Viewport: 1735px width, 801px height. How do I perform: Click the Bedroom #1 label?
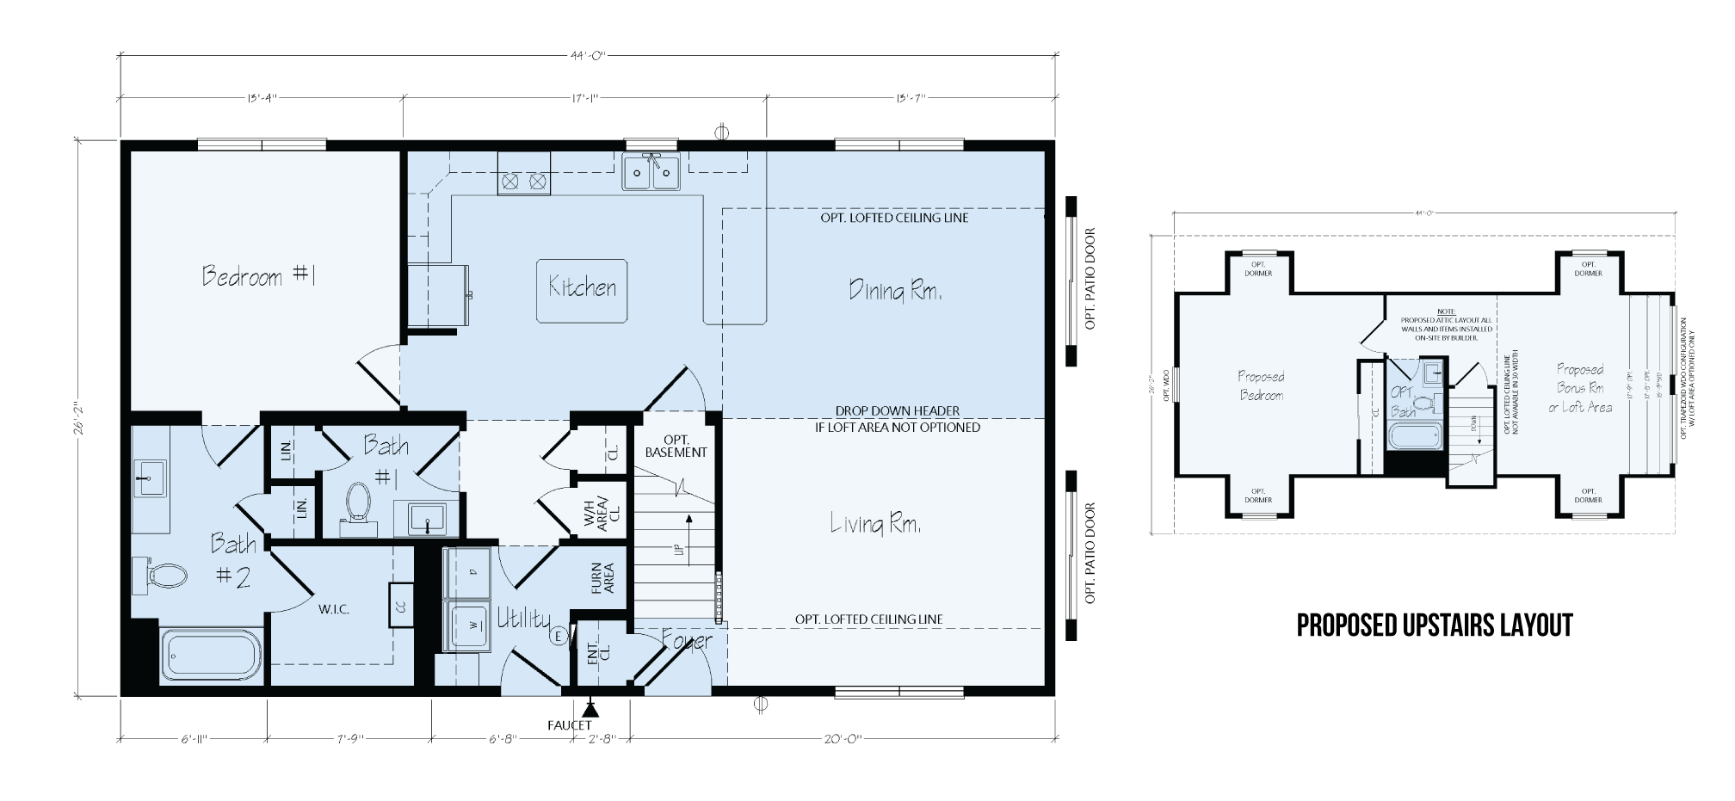tap(259, 276)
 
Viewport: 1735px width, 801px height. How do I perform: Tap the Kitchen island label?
tap(583, 288)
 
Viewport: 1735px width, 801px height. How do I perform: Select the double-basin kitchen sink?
tap(652, 172)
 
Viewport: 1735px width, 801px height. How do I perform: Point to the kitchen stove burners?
tap(524, 182)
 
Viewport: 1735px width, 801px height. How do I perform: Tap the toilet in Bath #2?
tap(162, 575)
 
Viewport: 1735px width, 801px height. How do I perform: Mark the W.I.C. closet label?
tap(333, 609)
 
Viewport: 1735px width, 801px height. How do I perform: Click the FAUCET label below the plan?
tap(570, 725)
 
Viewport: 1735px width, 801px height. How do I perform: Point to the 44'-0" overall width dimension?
tap(589, 56)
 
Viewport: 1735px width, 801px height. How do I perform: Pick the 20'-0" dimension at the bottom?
tap(843, 738)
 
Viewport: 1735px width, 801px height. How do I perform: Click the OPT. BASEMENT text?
tap(676, 446)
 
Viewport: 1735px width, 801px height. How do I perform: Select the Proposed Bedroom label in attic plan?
tap(1262, 386)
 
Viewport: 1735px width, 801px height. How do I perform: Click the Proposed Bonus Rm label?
tap(1580, 388)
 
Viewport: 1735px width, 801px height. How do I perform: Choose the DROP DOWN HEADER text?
tap(897, 411)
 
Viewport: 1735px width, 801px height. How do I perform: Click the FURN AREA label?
tap(602, 579)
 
